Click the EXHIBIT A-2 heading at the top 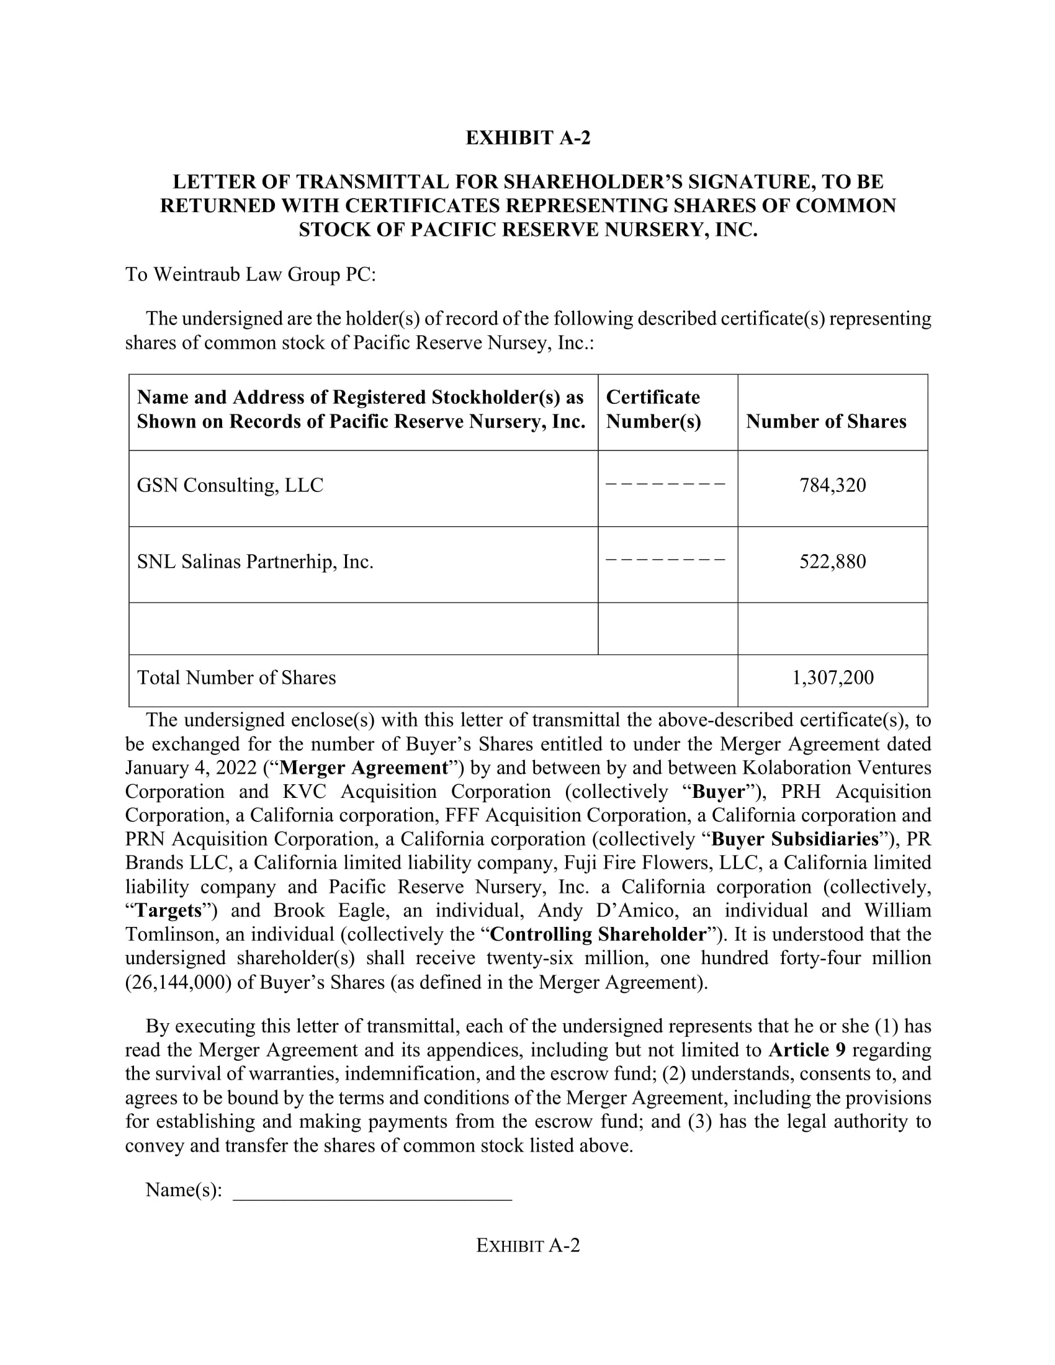527,138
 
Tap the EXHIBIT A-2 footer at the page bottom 527,1246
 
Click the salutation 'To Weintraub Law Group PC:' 251,274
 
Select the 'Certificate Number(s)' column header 653,409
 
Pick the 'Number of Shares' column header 825,422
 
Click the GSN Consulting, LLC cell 230,486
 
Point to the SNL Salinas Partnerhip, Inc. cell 255,562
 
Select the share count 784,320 832,486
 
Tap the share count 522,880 832,562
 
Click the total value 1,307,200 832,678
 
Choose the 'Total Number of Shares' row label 236,678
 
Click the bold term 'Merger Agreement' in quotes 364,768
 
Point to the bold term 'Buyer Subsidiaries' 795,839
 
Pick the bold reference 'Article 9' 807,1050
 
